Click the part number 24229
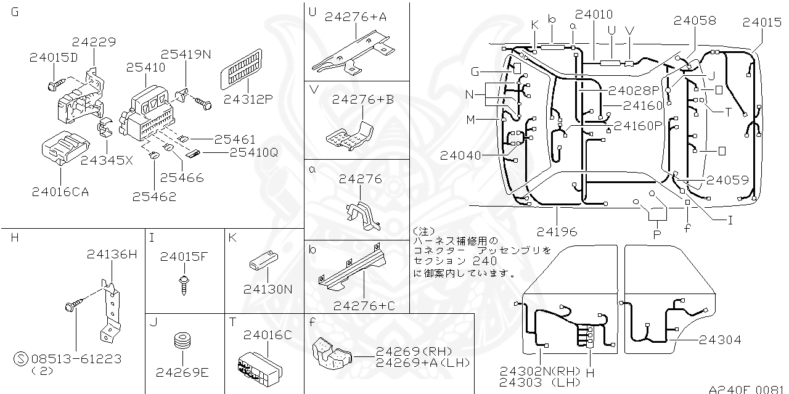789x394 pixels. [93, 42]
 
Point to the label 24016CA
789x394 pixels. [60, 192]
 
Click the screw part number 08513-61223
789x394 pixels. [76, 359]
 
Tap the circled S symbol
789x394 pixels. [21, 359]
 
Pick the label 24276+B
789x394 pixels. [363, 99]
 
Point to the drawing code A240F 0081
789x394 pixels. [746, 389]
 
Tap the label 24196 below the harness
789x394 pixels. [557, 232]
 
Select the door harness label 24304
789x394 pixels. [720, 340]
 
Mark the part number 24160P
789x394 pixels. [637, 126]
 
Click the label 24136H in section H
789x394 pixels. [112, 254]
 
